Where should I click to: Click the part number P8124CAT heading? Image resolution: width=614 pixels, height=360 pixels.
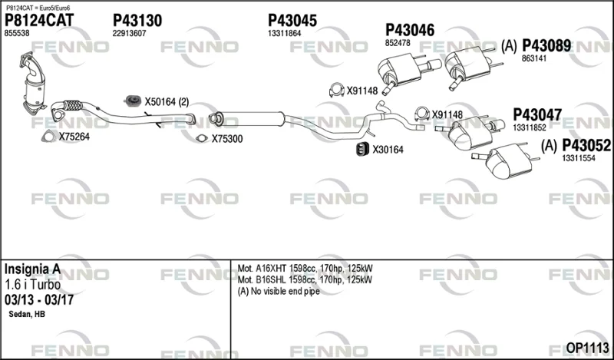point(39,21)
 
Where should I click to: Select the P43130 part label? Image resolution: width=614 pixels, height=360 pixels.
point(137,21)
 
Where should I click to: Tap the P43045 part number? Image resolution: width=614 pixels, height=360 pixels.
point(292,21)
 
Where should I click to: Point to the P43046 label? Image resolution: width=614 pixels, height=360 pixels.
point(410,30)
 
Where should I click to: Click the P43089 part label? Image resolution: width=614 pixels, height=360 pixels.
point(546,46)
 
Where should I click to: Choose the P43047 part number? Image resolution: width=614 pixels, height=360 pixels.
point(537,115)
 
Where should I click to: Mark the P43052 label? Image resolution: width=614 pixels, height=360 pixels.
point(586,146)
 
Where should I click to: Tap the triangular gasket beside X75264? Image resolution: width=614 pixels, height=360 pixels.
point(48,136)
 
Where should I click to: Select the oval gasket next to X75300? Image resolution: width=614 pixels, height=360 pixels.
point(202,138)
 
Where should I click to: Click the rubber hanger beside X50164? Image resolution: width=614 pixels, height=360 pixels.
point(133,101)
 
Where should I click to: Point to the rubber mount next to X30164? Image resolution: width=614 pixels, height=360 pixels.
point(362,149)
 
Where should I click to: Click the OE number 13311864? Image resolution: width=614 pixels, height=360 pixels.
point(284,34)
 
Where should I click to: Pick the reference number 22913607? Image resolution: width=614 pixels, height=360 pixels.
point(129,34)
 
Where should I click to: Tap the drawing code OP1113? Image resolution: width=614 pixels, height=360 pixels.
point(587,348)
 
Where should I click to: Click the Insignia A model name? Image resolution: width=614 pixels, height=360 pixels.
point(32,269)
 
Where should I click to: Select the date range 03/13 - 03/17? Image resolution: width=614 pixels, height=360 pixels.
point(39,300)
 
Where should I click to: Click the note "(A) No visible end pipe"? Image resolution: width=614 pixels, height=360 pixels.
point(279,292)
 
